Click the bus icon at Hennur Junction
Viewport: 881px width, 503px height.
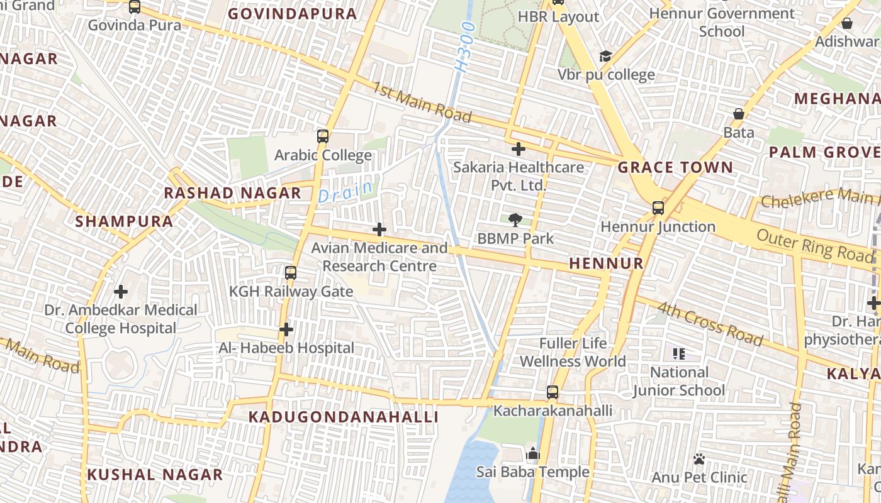tap(658, 208)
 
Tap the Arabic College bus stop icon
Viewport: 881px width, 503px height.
tap(323, 136)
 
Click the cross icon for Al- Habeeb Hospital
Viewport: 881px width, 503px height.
tap(286, 329)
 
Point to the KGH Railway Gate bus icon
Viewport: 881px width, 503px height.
tap(290, 273)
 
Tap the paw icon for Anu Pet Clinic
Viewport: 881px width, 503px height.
tap(699, 459)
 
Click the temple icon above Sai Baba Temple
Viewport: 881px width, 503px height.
tap(533, 453)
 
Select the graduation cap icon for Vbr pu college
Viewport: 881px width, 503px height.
tap(605, 57)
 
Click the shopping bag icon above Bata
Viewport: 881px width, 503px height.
tap(739, 114)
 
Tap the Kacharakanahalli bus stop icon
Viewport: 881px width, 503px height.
tap(553, 392)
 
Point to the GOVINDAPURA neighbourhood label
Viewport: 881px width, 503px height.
tap(292, 14)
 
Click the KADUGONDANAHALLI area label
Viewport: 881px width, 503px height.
tap(343, 417)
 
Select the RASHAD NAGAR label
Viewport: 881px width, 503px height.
tap(233, 193)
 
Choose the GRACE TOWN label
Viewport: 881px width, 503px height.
tap(675, 168)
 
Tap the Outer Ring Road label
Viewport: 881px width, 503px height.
tap(816, 245)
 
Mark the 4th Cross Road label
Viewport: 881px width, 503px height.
tap(710, 324)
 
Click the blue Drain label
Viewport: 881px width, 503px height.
tap(346, 191)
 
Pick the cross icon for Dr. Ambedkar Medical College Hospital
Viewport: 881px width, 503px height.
tap(120, 292)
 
